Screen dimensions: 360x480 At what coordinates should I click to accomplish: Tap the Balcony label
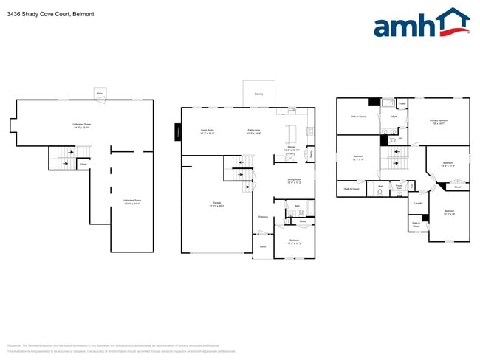(x=258, y=94)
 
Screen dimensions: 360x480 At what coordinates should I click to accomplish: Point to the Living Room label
(x=207, y=131)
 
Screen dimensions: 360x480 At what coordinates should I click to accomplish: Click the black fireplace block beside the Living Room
(x=178, y=132)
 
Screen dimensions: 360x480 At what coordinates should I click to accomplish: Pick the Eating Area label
(x=254, y=131)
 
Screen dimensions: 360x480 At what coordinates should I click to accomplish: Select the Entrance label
(x=263, y=217)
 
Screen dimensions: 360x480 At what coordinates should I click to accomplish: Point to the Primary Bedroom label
(x=439, y=120)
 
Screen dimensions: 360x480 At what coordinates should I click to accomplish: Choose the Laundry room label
(x=418, y=203)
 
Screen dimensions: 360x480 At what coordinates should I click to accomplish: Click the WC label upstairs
(x=400, y=138)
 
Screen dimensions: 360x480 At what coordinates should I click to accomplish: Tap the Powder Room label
(x=399, y=188)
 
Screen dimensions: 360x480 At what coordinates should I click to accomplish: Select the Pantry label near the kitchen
(x=310, y=154)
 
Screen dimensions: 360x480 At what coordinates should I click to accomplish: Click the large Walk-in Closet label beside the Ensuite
(x=357, y=116)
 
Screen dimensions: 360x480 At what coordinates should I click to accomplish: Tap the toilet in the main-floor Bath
(x=301, y=212)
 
